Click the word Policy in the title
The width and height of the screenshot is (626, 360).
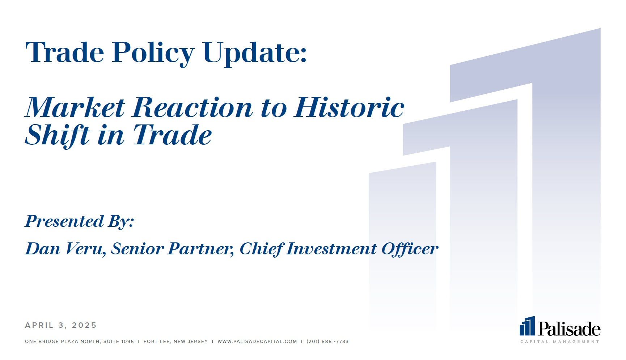click(153, 53)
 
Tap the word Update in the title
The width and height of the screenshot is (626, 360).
click(255, 53)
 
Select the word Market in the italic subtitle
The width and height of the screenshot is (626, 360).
click(75, 107)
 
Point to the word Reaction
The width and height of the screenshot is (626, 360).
click(192, 107)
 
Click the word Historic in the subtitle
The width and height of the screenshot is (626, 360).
click(349, 107)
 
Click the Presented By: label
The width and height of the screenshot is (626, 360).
click(79, 221)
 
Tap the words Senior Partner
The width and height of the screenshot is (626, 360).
click(172, 249)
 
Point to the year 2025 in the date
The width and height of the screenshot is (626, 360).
click(84, 325)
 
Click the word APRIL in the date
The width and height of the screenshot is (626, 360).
click(39, 325)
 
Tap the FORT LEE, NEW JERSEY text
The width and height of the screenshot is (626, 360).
click(176, 341)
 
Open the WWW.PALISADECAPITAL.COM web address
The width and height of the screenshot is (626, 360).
click(257, 341)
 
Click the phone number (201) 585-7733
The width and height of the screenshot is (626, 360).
click(327, 341)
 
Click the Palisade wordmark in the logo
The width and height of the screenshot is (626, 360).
click(569, 329)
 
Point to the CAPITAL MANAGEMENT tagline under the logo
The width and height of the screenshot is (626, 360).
click(560, 342)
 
